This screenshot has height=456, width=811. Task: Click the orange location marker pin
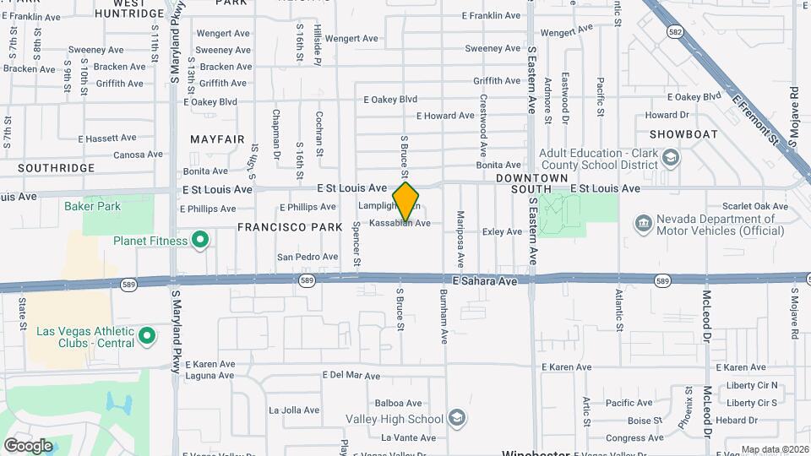tap(405, 201)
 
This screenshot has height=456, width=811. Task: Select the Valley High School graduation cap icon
tap(456, 419)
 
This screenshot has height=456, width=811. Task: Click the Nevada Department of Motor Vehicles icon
tap(643, 223)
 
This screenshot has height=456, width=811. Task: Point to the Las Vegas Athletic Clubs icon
tap(147, 337)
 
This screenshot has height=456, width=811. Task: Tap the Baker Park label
tap(92, 206)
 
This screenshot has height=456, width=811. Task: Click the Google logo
tap(28, 445)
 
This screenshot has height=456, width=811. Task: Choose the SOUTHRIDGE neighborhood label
tap(56, 168)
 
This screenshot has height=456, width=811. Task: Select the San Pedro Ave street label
tap(308, 257)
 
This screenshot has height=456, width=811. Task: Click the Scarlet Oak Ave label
tap(754, 206)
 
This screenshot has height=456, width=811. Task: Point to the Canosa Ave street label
tap(138, 155)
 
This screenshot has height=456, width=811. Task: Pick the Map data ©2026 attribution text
tap(773, 449)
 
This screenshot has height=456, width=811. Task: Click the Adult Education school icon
tap(670, 158)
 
